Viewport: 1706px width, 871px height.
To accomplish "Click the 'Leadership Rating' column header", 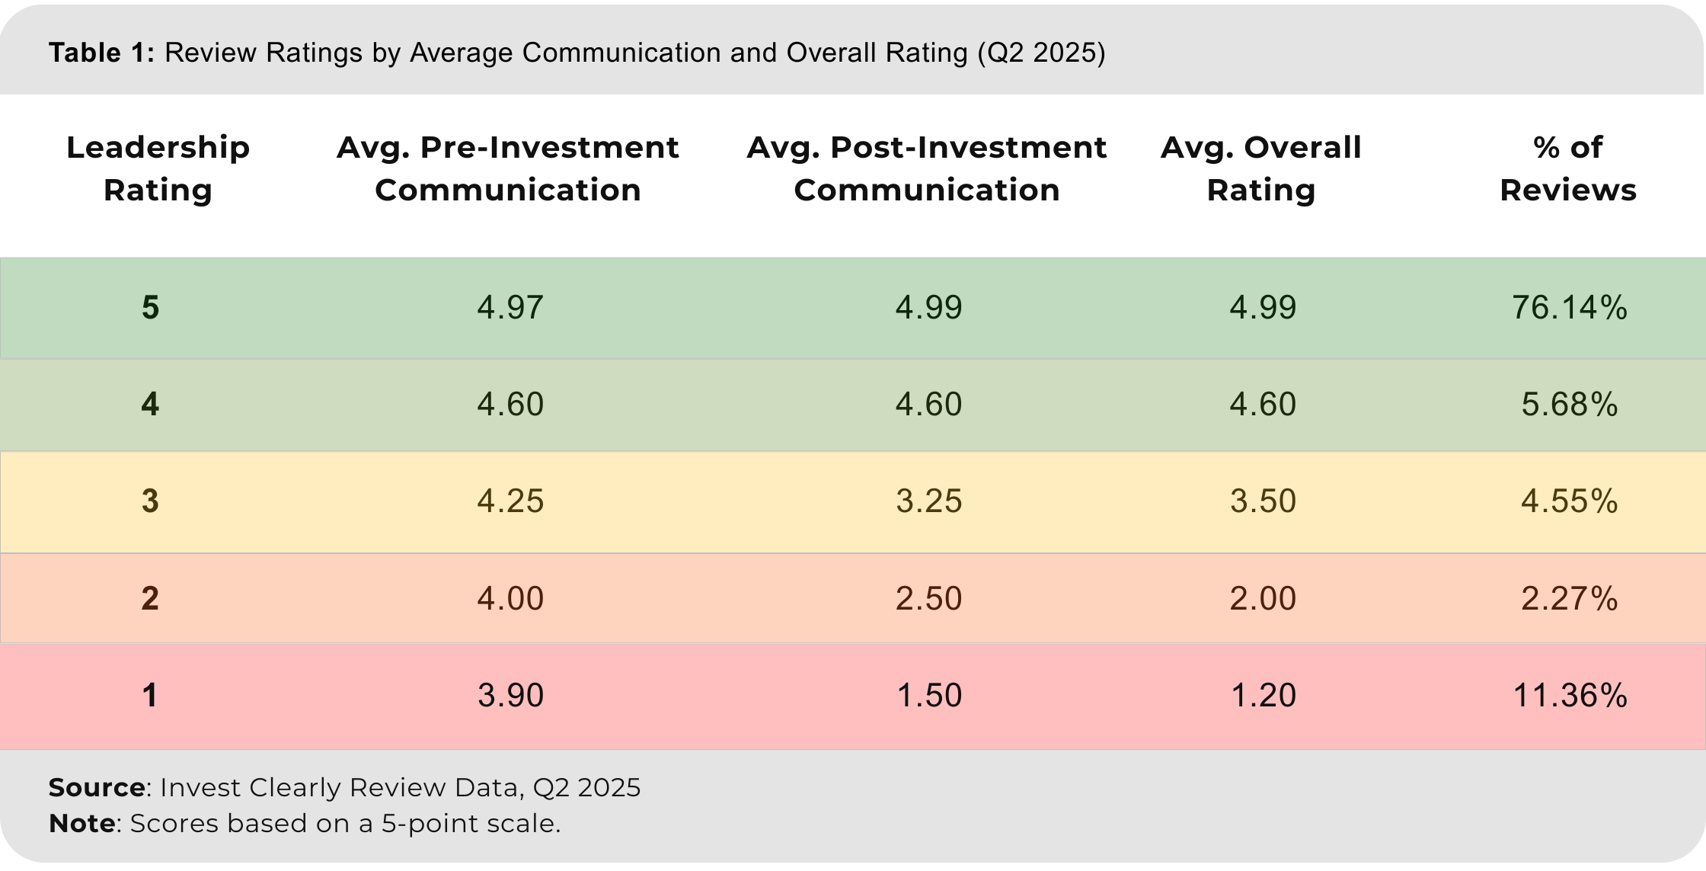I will click(x=158, y=168).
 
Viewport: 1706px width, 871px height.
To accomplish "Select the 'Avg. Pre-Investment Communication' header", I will click(x=508, y=168).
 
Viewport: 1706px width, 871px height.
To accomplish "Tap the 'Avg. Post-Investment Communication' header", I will click(x=927, y=168).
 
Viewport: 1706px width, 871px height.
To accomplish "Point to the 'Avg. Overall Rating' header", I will click(x=1261, y=168).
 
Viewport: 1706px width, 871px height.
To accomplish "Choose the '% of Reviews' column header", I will click(x=1568, y=168).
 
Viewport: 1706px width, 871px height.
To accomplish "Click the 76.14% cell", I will click(x=1570, y=308).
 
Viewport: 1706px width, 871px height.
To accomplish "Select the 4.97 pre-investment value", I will click(x=510, y=308).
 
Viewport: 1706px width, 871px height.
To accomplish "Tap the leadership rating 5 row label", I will click(x=151, y=308).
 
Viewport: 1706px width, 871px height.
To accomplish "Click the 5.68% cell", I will click(x=1570, y=405).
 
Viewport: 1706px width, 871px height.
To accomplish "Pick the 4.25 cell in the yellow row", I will click(x=510, y=501).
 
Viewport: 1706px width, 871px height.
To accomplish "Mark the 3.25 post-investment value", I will click(x=928, y=501).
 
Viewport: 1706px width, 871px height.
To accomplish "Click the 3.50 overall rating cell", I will click(x=1263, y=501).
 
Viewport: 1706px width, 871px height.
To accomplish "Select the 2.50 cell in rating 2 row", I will click(x=928, y=599).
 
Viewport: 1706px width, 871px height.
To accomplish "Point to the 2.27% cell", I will click(x=1570, y=599).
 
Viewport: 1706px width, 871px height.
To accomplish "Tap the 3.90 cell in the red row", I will click(x=510, y=696).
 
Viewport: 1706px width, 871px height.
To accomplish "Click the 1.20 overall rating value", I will click(x=1263, y=696).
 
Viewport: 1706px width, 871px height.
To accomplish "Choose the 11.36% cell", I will click(x=1570, y=696).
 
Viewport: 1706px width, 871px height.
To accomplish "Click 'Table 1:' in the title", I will click(x=101, y=53).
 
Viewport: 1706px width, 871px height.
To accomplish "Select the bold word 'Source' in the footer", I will click(x=97, y=787).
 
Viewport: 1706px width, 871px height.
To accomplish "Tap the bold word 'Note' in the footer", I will click(x=82, y=824).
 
